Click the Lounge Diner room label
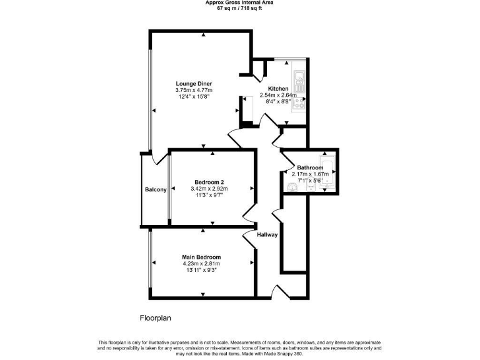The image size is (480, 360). click(x=194, y=84)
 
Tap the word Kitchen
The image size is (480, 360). click(x=278, y=89)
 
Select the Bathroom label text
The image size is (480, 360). click(x=310, y=167)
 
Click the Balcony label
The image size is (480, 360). click(x=156, y=189)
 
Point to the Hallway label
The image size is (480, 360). click(x=267, y=234)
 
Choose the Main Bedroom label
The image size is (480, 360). click(x=201, y=257)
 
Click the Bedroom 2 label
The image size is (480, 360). click(x=209, y=182)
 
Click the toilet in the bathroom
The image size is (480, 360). click(x=292, y=187)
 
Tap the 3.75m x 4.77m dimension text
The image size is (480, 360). click(x=194, y=90)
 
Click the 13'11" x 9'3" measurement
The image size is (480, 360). click(x=201, y=270)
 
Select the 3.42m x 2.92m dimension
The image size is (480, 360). click(x=209, y=189)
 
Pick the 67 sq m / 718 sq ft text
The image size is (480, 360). click(x=239, y=9)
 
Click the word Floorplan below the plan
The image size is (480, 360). click(x=155, y=317)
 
